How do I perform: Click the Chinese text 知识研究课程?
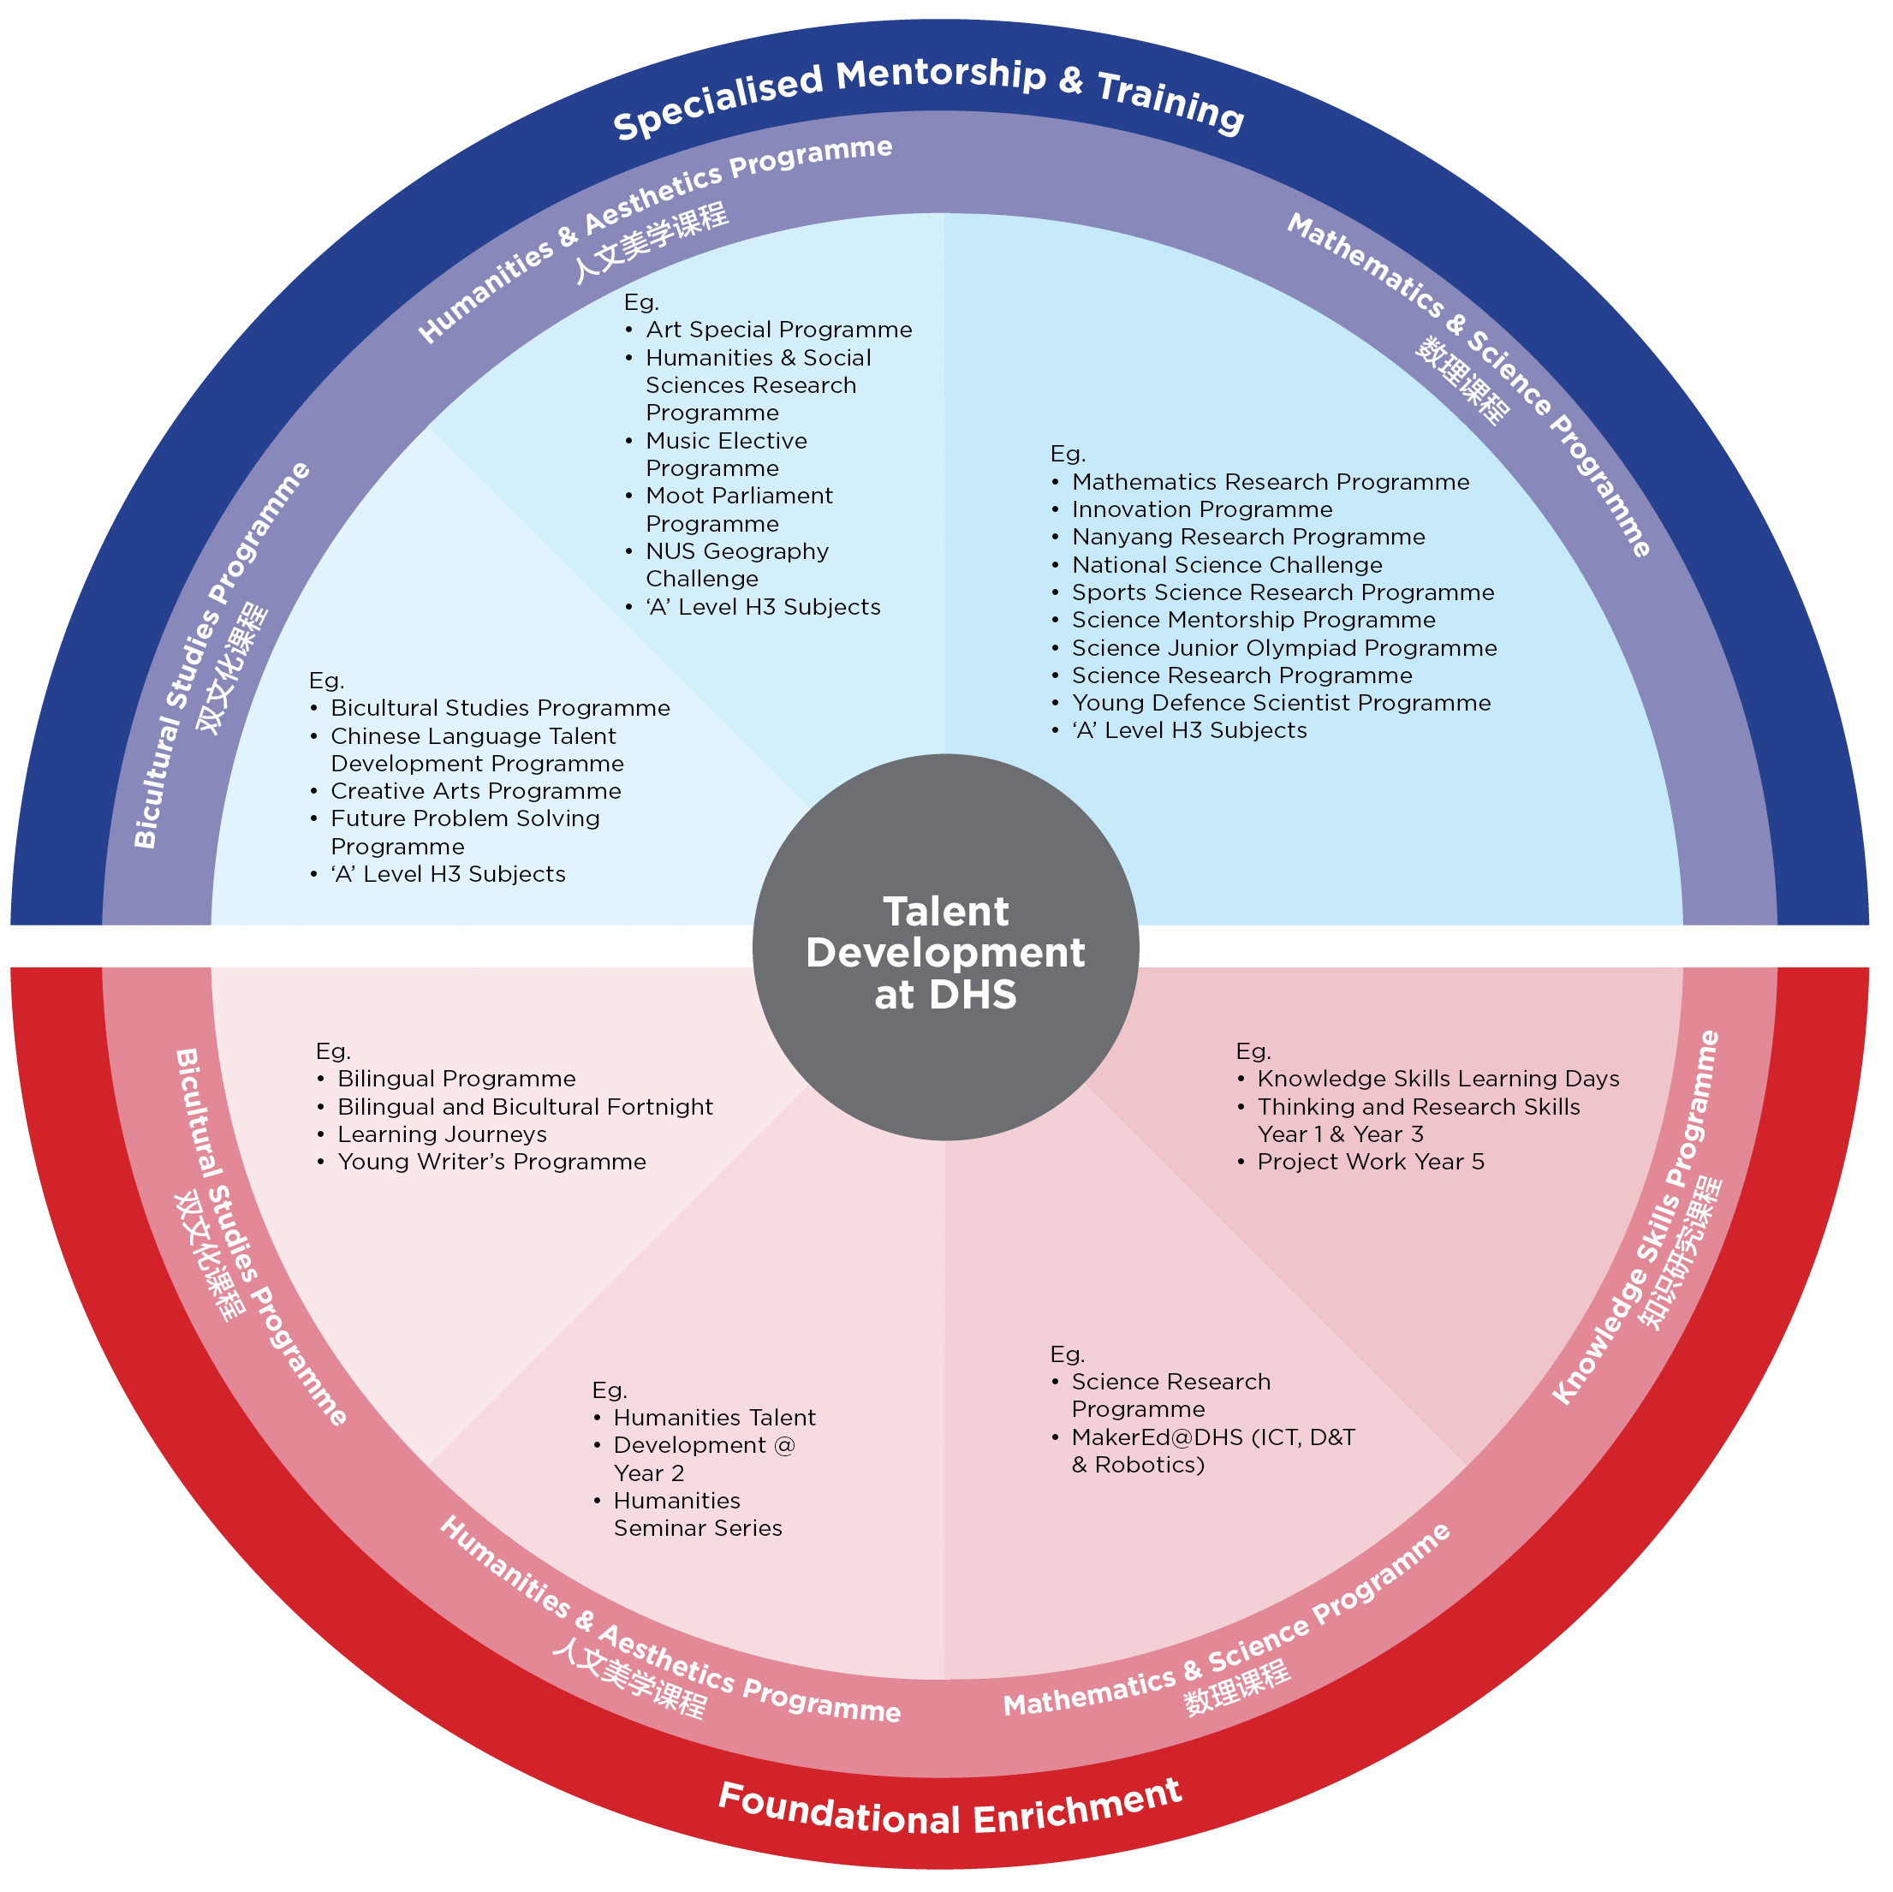point(1682,1253)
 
